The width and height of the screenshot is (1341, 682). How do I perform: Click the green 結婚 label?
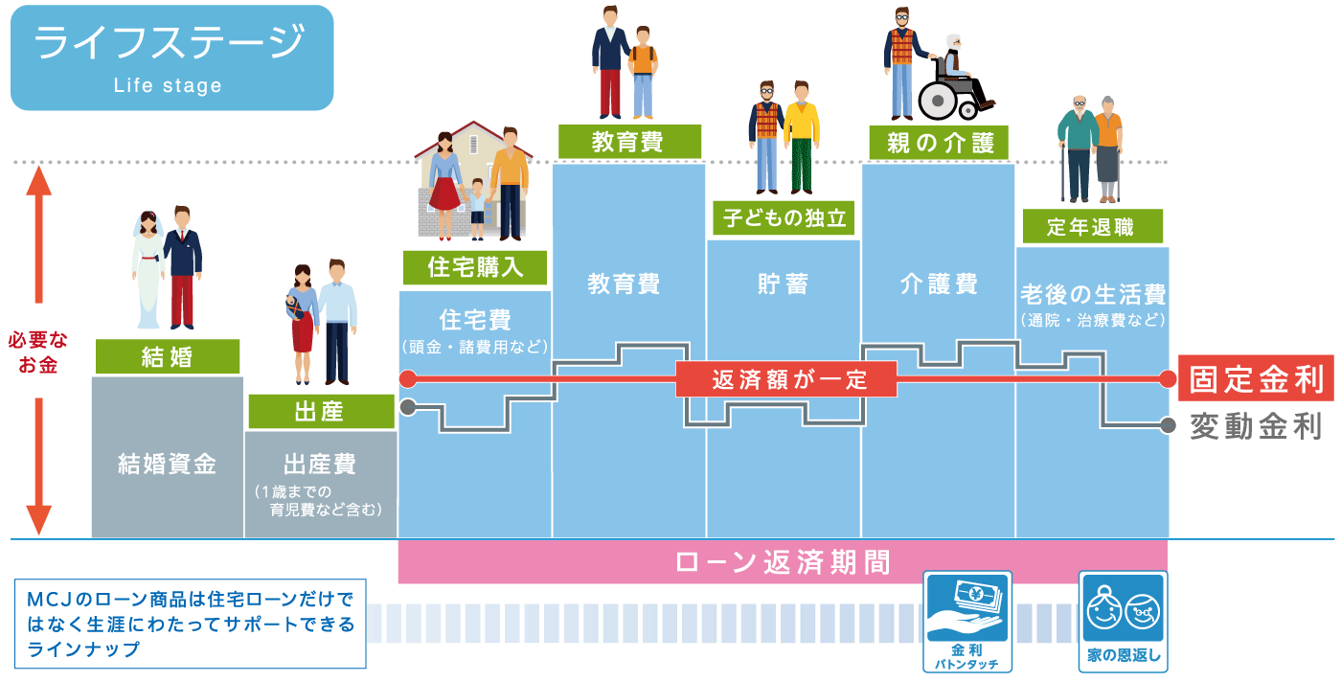[x=167, y=357]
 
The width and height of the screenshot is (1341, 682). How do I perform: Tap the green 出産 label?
[x=320, y=412]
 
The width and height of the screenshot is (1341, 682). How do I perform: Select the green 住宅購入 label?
[x=475, y=267]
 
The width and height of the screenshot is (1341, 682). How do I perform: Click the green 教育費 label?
[x=628, y=142]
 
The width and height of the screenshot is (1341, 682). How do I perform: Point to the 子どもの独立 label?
[x=784, y=218]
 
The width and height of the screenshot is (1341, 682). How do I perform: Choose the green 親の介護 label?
[x=940, y=143]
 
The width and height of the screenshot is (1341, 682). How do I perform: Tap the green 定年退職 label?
[x=1091, y=227]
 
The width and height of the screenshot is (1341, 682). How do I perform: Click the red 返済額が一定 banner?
[x=785, y=379]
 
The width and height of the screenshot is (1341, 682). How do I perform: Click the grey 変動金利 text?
[x=1255, y=426]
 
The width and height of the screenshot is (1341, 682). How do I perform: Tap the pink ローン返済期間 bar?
[x=783, y=562]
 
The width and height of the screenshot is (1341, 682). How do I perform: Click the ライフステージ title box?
[x=171, y=57]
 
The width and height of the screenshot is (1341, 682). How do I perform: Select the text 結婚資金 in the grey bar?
[x=167, y=465]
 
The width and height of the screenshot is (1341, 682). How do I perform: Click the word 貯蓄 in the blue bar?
[x=783, y=284]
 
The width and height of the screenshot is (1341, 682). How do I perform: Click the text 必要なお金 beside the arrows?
[x=38, y=352]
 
